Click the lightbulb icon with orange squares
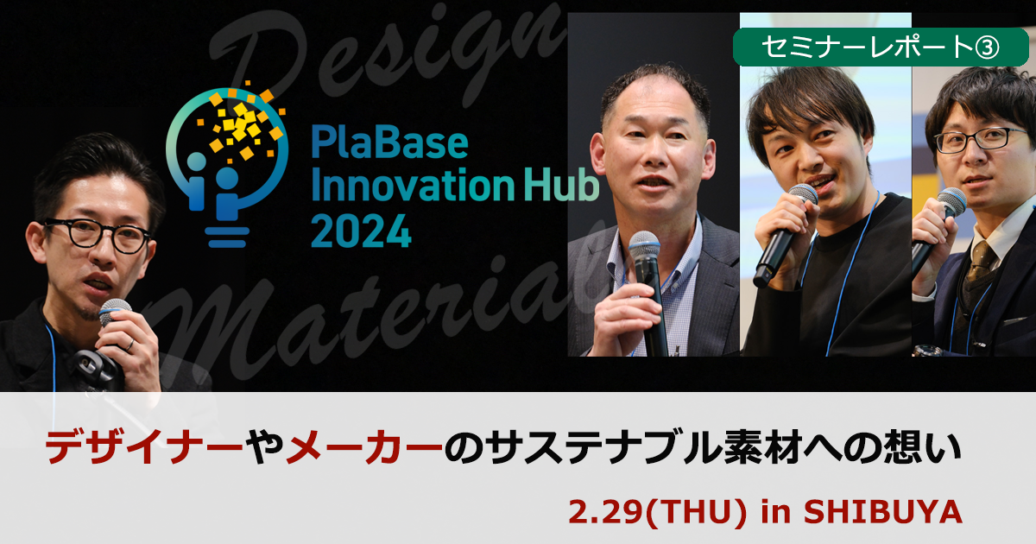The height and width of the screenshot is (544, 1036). tap(228, 155)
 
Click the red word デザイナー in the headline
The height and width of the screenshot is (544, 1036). tap(143, 449)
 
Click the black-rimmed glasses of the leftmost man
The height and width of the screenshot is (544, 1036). tap(95, 233)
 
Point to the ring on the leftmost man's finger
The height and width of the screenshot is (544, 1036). tap(129, 345)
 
